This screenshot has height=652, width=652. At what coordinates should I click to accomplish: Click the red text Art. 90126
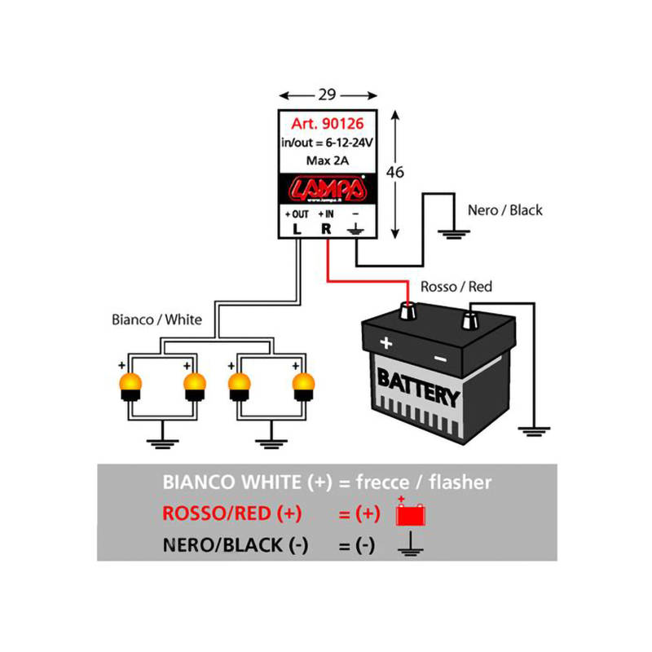pos(327,125)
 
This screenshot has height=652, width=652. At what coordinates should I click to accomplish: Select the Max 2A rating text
pos(327,161)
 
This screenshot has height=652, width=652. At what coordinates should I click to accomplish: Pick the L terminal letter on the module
pos(297,229)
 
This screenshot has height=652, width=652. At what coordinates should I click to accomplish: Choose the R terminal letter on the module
pos(326,229)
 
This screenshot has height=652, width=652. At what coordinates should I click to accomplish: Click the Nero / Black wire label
pos(504,210)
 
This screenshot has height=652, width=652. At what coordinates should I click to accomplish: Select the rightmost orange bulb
pos(303,384)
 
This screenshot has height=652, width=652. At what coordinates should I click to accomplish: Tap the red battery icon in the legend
pos(411,514)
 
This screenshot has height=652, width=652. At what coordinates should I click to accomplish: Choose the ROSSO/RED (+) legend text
pos(232,514)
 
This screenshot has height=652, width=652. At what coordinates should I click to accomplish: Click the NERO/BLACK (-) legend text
pos(236,546)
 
